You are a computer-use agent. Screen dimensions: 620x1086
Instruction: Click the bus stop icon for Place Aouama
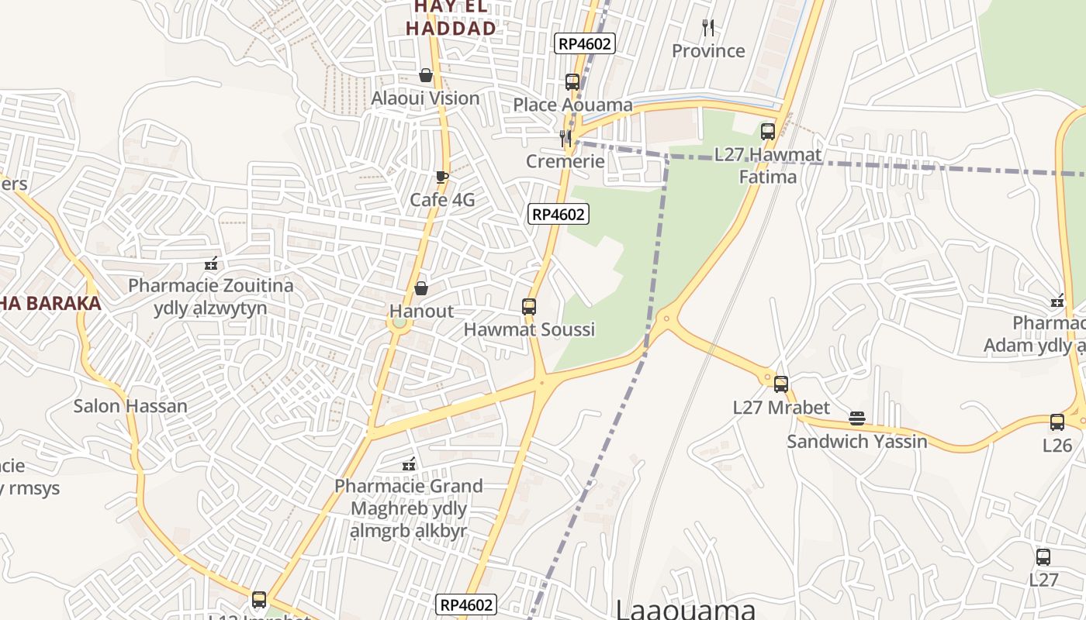point(572,81)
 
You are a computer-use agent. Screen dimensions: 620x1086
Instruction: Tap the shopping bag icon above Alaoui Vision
point(425,75)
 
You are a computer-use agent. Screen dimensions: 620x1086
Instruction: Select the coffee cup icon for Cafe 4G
point(441,177)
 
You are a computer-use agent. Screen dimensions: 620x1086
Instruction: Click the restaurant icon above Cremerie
point(565,138)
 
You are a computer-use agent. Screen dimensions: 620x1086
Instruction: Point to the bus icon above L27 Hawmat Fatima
point(768,131)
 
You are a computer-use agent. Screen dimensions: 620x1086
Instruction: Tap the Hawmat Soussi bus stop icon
point(529,306)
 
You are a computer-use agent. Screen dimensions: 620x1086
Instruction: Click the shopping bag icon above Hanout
point(421,288)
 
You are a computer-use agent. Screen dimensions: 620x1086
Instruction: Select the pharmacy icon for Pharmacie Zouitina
point(211,263)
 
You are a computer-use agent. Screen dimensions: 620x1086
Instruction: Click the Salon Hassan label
point(130,406)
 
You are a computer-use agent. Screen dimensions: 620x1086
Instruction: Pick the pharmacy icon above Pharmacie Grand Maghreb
point(409,464)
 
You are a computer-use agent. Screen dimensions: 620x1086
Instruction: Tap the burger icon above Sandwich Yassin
point(857,418)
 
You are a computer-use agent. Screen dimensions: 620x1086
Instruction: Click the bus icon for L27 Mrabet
point(781,384)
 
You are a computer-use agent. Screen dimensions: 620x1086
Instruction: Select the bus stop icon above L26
point(1057,422)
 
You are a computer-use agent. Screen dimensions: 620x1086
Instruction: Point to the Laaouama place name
point(686,608)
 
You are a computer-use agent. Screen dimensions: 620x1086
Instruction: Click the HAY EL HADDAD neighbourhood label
point(451,18)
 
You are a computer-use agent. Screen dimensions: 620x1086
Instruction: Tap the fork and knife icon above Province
point(707,28)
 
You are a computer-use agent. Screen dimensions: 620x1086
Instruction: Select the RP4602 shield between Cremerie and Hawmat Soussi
point(559,214)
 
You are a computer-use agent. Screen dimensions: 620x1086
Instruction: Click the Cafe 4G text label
point(442,200)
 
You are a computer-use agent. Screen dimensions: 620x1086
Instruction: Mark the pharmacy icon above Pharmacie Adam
point(1057,300)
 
